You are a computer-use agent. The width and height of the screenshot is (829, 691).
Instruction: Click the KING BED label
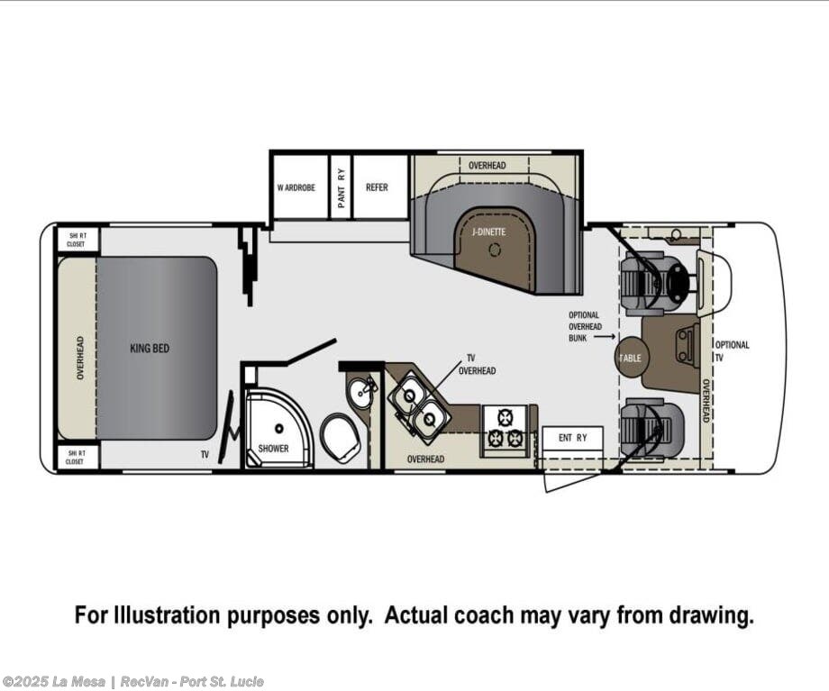[x=150, y=348]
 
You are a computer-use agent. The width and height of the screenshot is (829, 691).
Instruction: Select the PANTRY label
[x=341, y=187]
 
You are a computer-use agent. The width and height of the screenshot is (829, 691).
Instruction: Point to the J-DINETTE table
[x=494, y=248]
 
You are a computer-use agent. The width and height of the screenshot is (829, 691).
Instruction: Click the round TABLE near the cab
[x=630, y=358]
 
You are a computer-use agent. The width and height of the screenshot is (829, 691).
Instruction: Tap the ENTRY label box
[x=573, y=438]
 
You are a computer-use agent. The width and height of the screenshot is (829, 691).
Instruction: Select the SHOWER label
[x=273, y=449]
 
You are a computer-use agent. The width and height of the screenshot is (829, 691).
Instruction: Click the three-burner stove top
[x=504, y=428]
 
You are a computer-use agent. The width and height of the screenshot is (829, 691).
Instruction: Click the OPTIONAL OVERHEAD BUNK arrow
[x=608, y=336]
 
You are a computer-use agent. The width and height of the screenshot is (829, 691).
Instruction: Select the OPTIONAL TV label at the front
[x=732, y=350]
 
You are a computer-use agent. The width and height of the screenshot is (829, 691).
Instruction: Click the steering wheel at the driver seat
[x=678, y=283]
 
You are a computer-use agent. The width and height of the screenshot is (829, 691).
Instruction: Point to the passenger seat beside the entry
[x=652, y=427]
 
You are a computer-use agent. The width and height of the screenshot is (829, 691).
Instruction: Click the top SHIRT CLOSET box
[x=77, y=240]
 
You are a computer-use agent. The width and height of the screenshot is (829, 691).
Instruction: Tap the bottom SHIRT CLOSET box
[x=77, y=458]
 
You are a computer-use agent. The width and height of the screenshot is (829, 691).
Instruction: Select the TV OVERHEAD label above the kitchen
[x=477, y=364]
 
